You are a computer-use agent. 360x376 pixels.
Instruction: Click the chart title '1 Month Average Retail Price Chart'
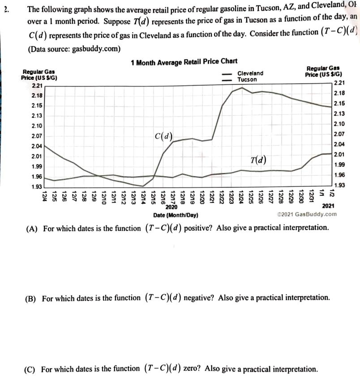tap(184, 62)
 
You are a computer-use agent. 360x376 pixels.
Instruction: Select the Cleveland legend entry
tap(250, 73)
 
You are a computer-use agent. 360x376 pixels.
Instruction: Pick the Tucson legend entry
tap(247, 79)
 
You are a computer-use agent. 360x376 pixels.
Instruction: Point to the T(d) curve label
tap(260, 160)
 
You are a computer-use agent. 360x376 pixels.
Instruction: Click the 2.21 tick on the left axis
tap(37, 85)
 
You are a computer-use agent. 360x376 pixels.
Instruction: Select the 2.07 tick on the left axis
tap(37, 135)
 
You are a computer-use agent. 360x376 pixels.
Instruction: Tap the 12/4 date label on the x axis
tap(45, 195)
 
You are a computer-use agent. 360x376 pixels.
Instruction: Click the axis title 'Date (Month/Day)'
tap(176, 215)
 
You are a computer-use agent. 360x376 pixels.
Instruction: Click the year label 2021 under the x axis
tap(328, 207)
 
